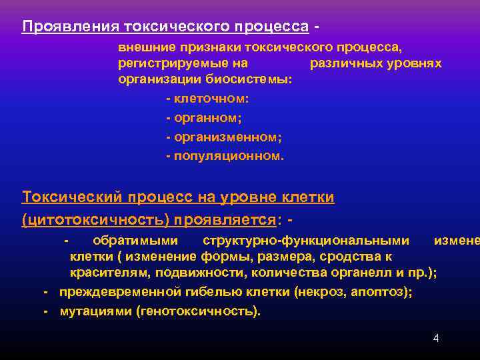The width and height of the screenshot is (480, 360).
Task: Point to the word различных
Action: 344,63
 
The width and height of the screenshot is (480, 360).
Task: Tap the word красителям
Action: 112,272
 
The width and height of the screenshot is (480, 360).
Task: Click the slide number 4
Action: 436,338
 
